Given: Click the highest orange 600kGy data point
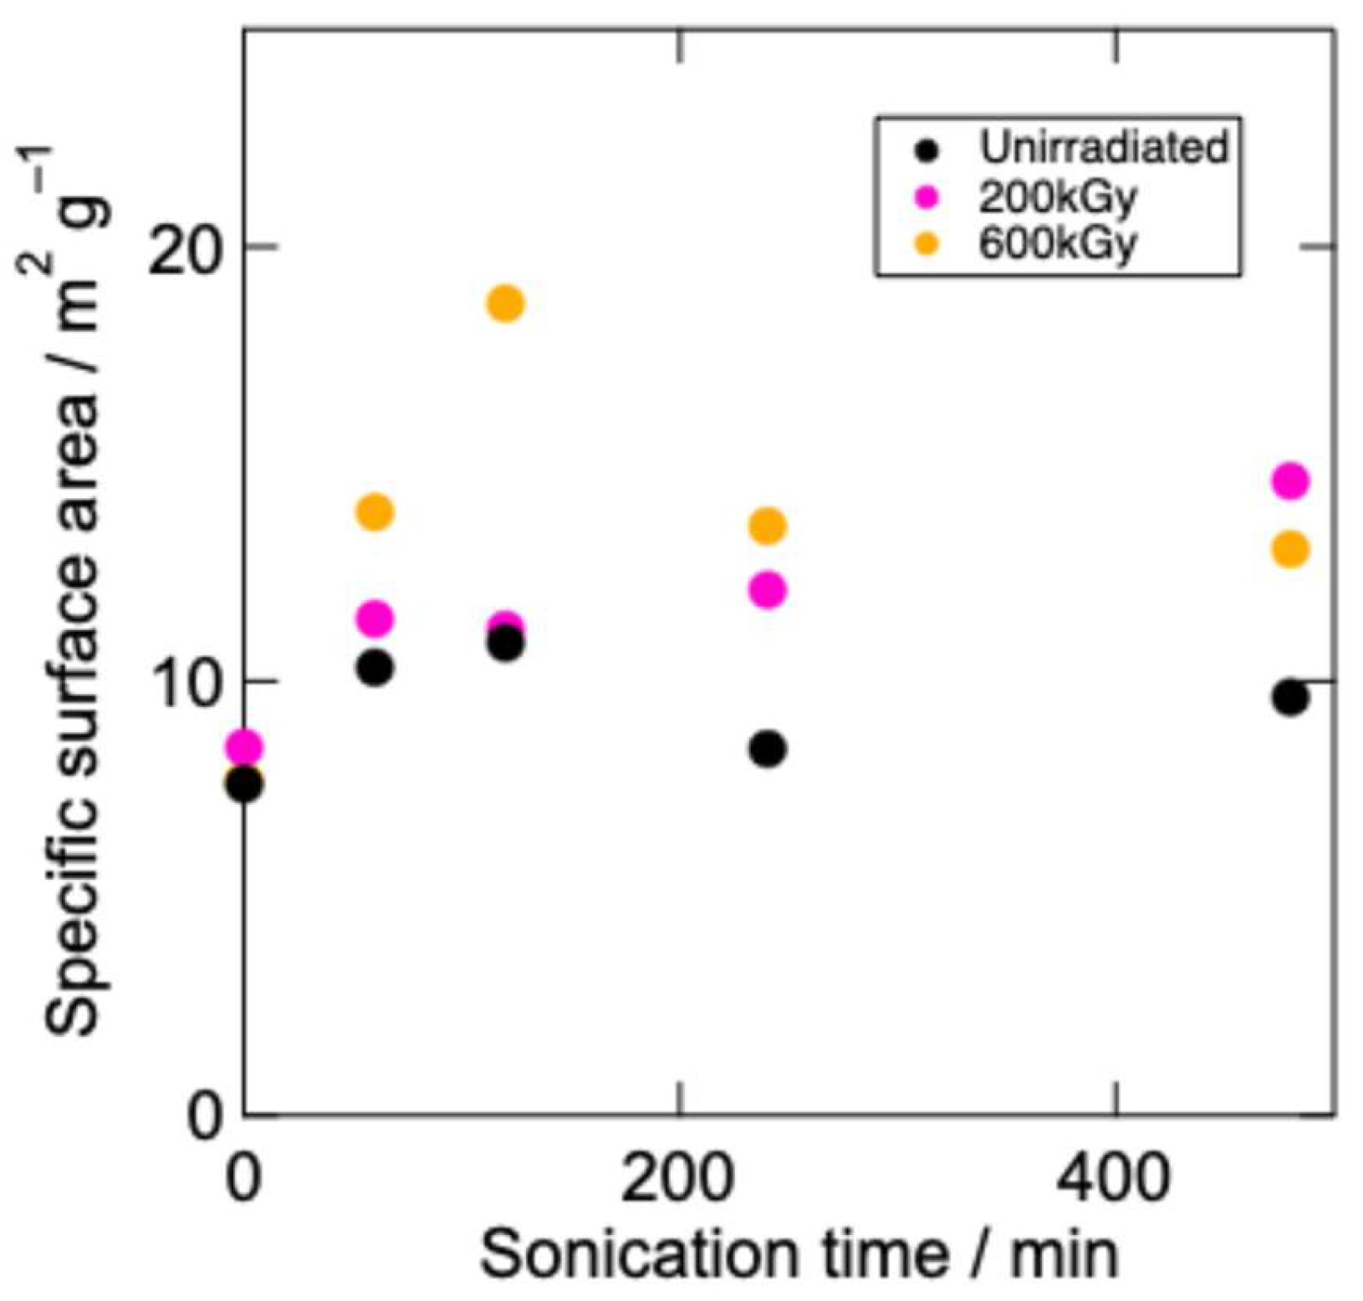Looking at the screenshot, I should pyautogui.click(x=505, y=302).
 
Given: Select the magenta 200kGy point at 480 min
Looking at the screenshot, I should pyautogui.click(x=1289, y=480).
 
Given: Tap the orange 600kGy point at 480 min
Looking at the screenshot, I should pyautogui.click(x=1289, y=549).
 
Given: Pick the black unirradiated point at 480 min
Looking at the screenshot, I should pyautogui.click(x=1289, y=697).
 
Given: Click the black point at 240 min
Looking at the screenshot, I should pyautogui.click(x=767, y=748).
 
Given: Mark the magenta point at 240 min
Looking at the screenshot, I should pyautogui.click(x=767, y=590).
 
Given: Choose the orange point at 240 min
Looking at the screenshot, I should pyautogui.click(x=767, y=526).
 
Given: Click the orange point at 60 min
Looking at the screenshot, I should pyautogui.click(x=375, y=511).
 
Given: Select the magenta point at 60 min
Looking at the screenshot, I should pyautogui.click(x=375, y=618).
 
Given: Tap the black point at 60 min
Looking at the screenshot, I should pyautogui.click(x=375, y=668).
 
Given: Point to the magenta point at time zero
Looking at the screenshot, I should pyautogui.click(x=244, y=745).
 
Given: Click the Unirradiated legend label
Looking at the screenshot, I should pyautogui.click(x=1103, y=148).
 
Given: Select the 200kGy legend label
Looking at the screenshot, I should pyautogui.click(x=1057, y=197).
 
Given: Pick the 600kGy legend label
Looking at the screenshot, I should pyautogui.click(x=1057, y=244).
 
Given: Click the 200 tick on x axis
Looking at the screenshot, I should pyautogui.click(x=679, y=1179).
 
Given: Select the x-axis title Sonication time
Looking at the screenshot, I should pyautogui.click(x=799, y=1254).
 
